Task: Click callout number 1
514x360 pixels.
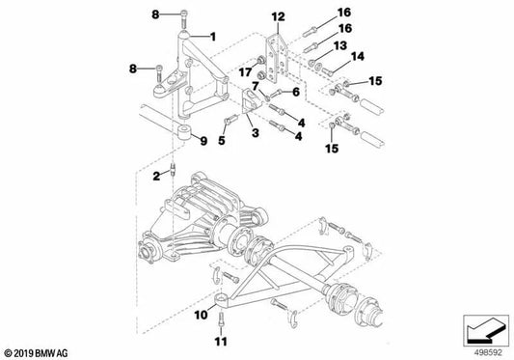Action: click(x=213, y=36)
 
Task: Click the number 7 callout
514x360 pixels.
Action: click(x=257, y=86)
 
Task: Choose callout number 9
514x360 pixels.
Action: click(x=202, y=142)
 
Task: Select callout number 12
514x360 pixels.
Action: click(x=278, y=16)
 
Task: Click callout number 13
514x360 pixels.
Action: click(x=339, y=45)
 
